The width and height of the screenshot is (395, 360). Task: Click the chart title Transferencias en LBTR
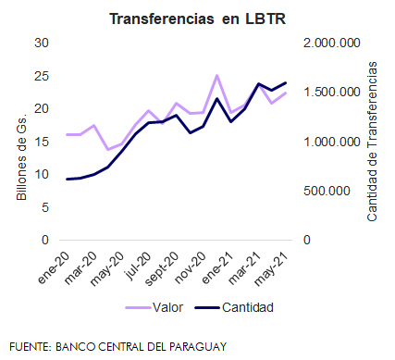point(198,19)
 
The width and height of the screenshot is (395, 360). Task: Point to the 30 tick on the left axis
point(42,43)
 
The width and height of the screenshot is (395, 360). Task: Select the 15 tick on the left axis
point(42,142)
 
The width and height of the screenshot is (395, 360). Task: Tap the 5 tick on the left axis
point(45,207)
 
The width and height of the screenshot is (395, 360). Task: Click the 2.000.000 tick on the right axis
point(332,43)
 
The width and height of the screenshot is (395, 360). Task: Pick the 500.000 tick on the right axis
point(327,191)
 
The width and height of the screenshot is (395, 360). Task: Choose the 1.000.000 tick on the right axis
point(332,142)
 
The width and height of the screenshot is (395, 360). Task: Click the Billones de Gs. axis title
point(21,156)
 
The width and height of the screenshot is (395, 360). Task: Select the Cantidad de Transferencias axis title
point(372,142)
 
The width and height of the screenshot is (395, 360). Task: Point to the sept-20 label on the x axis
point(162,268)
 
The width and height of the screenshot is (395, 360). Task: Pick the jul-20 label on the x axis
point(138,266)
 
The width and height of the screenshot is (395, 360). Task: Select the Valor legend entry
point(154,307)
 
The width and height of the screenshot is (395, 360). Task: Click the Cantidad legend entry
point(234,307)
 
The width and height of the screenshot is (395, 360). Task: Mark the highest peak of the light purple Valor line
point(217,75)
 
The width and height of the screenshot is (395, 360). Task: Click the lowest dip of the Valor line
point(108,150)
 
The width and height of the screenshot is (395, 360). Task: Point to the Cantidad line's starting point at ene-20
point(67,179)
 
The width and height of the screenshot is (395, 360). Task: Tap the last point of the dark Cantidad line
point(286,82)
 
